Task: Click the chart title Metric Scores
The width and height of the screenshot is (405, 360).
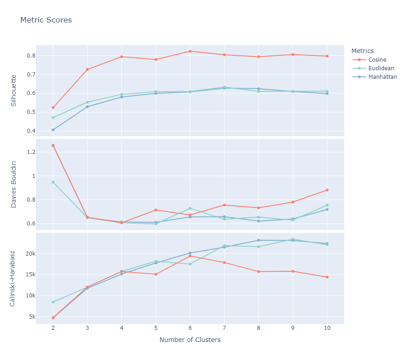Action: pos(46,20)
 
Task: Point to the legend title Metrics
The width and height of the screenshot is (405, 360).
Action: pos(363,51)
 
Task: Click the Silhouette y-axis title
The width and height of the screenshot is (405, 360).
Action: pos(13,90)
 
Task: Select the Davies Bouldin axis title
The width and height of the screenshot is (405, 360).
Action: pos(13,184)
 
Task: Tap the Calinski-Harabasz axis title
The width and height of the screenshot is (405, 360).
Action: pos(13,279)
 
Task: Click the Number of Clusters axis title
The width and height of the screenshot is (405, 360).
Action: pos(190,340)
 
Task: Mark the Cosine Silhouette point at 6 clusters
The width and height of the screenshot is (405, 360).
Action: pos(190,51)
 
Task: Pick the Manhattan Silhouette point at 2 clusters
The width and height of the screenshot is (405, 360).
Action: pos(53,130)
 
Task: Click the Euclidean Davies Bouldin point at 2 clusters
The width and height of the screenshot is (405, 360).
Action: pos(53,182)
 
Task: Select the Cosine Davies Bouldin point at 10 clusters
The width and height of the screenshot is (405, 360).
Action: pos(327,190)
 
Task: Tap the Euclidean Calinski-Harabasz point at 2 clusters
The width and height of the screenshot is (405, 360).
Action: pos(53,302)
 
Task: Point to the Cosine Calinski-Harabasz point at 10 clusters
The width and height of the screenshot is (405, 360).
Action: pos(327,277)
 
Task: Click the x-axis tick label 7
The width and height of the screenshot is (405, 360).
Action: pos(224,328)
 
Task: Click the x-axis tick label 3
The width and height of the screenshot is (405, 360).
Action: pos(87,328)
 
